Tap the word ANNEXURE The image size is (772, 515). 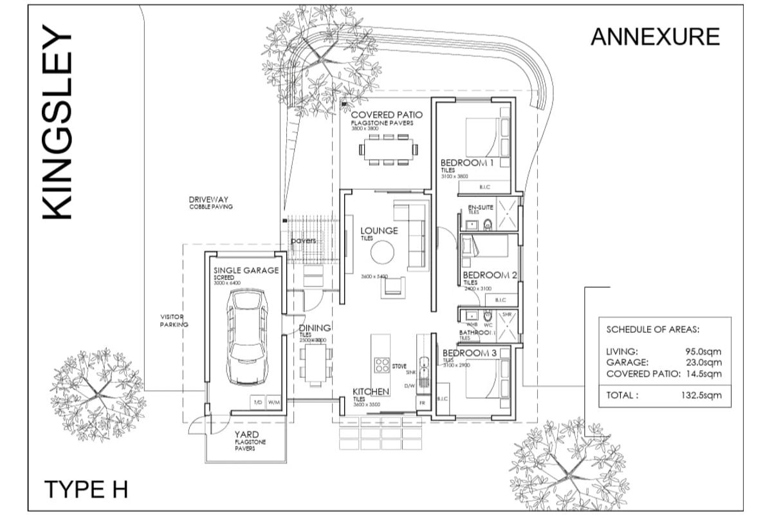tap(655, 37)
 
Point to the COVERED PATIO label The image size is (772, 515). tap(382, 115)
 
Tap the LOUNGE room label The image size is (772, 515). tap(379, 230)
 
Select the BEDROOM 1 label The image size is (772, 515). tap(466, 163)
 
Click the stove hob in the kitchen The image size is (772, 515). tap(381, 364)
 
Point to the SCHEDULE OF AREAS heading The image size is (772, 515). tap(652, 329)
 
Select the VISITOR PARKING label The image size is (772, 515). tap(174, 321)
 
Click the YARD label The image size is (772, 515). tap(246, 435)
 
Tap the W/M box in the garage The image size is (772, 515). tap(273, 402)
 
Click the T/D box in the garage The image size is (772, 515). tap(257, 402)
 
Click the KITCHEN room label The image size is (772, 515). tap(371, 391)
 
